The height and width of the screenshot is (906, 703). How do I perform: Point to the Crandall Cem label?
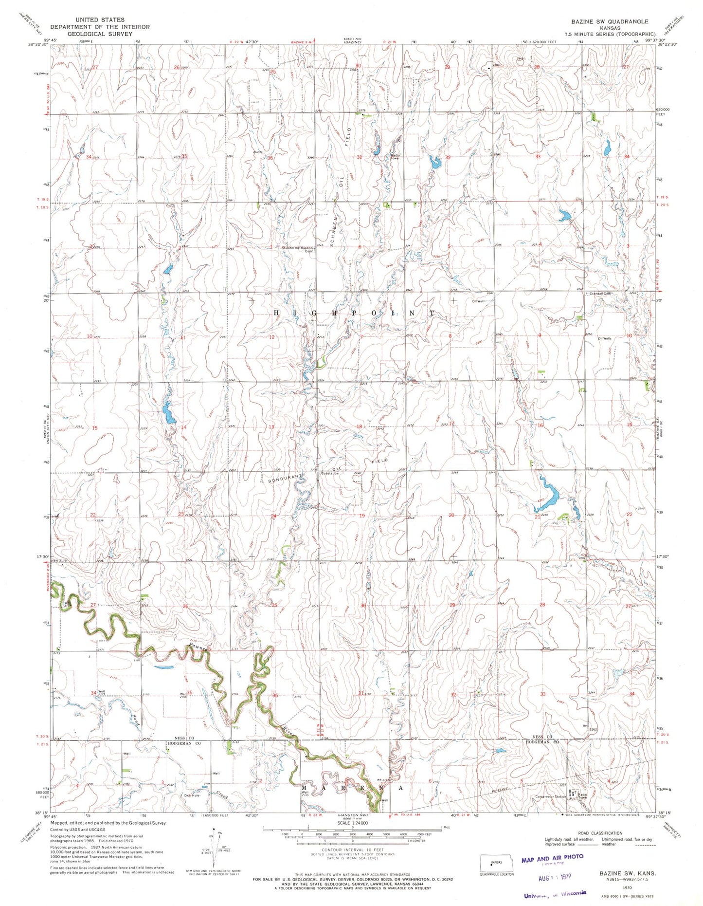(600, 294)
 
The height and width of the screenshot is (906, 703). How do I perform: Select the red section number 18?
(359, 427)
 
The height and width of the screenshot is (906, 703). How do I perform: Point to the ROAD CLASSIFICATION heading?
(600, 833)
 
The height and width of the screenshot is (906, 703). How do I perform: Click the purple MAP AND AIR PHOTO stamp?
(552, 860)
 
